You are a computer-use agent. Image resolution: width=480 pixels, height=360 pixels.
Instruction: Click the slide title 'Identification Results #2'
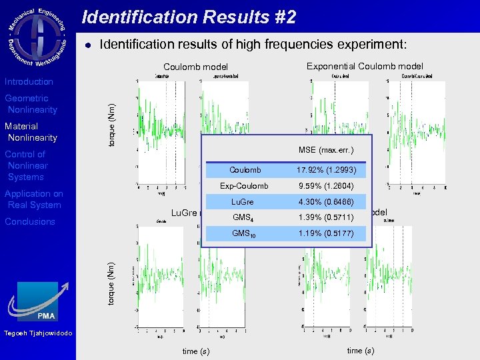pyautogui.click(x=189, y=17)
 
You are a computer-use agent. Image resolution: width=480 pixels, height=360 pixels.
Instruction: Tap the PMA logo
pyautogui.click(x=38, y=301)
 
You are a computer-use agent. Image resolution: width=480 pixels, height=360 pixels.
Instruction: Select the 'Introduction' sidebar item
pyautogui.click(x=29, y=81)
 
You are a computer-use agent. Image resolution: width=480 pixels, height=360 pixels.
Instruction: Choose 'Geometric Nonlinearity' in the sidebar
pyautogui.click(x=31, y=104)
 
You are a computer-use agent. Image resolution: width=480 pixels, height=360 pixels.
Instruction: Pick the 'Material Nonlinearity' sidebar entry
pyautogui.click(x=31, y=132)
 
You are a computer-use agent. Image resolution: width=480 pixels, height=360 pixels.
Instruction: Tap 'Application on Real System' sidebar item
pyautogui.click(x=33, y=199)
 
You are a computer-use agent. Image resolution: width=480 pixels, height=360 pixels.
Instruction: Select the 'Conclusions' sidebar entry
pyautogui.click(x=30, y=221)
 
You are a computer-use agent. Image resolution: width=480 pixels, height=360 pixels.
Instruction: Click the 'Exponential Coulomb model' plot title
pyautogui.click(x=364, y=66)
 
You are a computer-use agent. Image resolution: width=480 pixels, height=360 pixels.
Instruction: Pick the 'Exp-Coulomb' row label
pyautogui.click(x=244, y=186)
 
